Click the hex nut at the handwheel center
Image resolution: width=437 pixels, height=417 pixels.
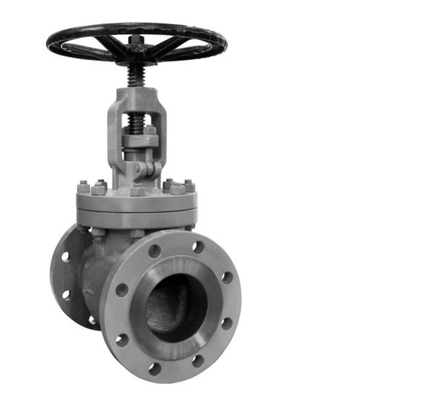tap(136, 41)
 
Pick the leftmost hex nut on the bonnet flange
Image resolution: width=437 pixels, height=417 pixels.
tap(83, 187)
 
